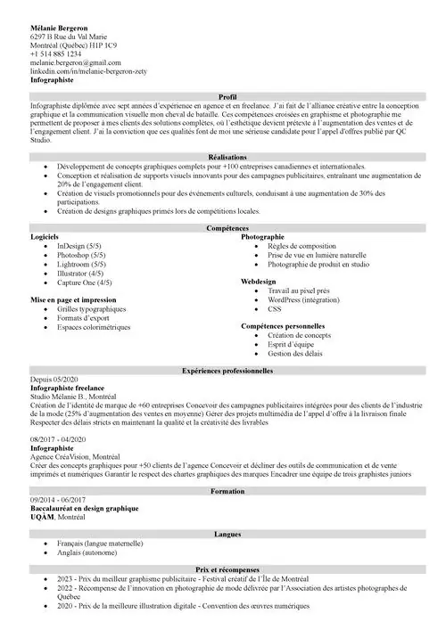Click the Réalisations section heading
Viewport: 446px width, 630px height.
click(227, 156)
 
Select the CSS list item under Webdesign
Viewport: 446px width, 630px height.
click(274, 309)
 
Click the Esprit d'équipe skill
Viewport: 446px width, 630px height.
click(292, 344)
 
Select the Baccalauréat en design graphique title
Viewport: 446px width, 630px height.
click(84, 508)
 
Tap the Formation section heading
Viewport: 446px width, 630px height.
click(227, 491)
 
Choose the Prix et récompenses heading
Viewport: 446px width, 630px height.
click(227, 569)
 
